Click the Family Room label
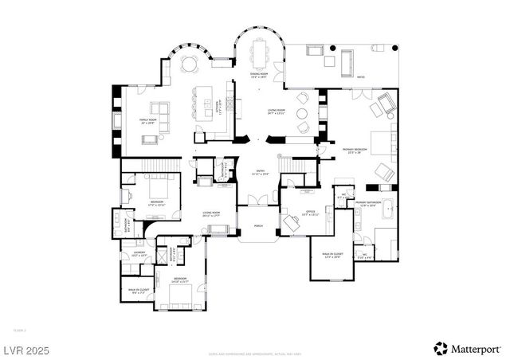[x=147, y=121]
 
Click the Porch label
[x=258, y=226]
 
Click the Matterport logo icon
[x=440, y=348]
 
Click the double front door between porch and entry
[x=258, y=198]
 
